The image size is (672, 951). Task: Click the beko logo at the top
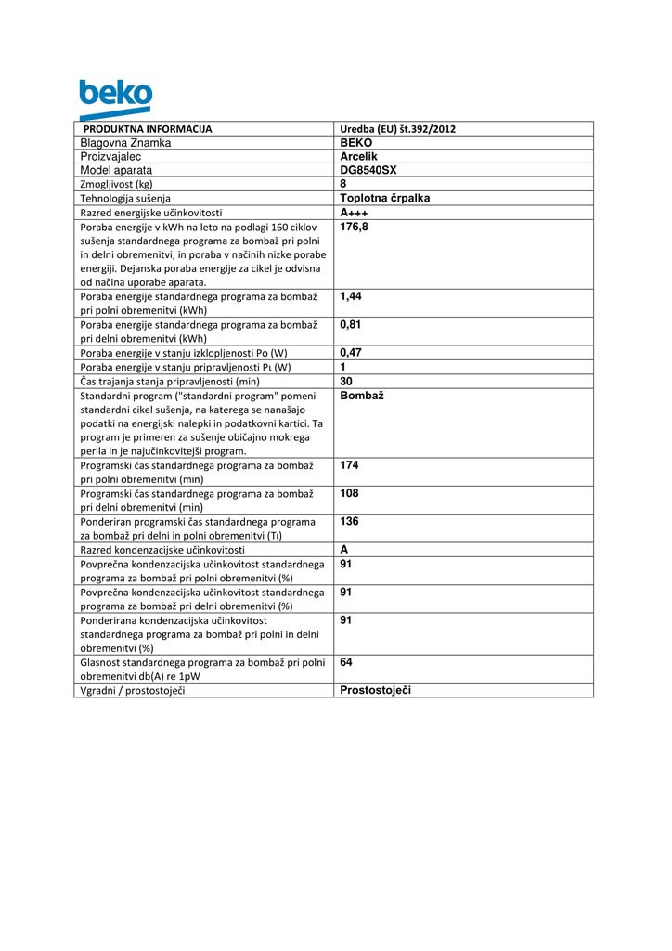pyautogui.click(x=115, y=98)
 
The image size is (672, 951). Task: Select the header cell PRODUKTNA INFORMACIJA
pyautogui.click(x=149, y=129)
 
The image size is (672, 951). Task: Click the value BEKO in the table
pyautogui.click(x=356, y=143)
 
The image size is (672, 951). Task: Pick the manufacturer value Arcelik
pyautogui.click(x=359, y=157)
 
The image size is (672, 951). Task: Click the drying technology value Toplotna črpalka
pyautogui.click(x=385, y=198)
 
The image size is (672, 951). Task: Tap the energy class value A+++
pyautogui.click(x=355, y=213)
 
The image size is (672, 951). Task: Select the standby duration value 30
pyautogui.click(x=347, y=380)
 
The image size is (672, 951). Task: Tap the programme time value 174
pyautogui.click(x=350, y=464)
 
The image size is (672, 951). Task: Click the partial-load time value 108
pyautogui.click(x=350, y=493)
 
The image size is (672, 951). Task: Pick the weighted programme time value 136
pyautogui.click(x=350, y=521)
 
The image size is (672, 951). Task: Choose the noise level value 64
pyautogui.click(x=347, y=662)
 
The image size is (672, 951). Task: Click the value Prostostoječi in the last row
pyautogui.click(x=376, y=690)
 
